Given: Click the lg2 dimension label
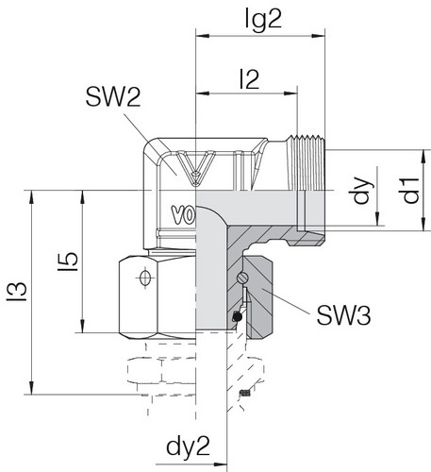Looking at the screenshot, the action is click(x=263, y=21).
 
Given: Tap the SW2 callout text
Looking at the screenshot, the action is click(x=113, y=97).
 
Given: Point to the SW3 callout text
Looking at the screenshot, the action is click(x=343, y=315).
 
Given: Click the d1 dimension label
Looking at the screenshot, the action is click(x=411, y=191).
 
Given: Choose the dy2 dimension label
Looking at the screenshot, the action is click(x=188, y=447).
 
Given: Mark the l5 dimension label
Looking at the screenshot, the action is click(x=68, y=261).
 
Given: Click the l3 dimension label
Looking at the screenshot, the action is click(x=17, y=292).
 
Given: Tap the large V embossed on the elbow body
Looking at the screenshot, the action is click(x=195, y=169).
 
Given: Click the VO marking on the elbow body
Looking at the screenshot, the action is click(x=184, y=215).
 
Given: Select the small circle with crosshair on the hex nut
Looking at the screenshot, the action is click(x=144, y=278).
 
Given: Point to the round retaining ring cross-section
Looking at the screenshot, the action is click(x=242, y=278).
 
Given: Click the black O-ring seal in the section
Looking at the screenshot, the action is click(x=236, y=316).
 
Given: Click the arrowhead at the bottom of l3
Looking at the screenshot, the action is click(x=31, y=387).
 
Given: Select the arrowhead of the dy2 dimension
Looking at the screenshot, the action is click(x=220, y=464).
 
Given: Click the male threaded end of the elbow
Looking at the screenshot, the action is click(x=307, y=191).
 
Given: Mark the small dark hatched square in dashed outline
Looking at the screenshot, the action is click(x=244, y=393).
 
